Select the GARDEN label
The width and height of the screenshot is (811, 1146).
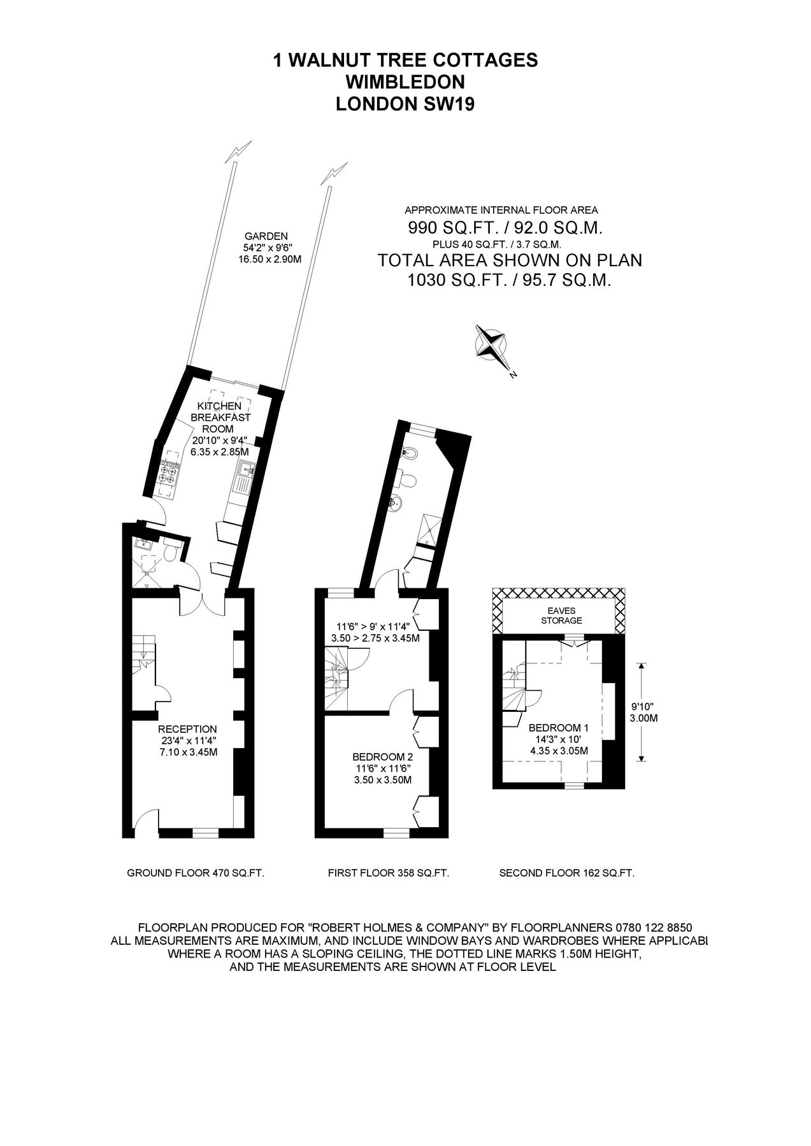[270, 236]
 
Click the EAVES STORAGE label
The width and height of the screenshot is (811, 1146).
[561, 616]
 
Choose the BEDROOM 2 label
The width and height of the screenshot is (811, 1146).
[382, 757]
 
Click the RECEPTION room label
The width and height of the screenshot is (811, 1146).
[187, 729]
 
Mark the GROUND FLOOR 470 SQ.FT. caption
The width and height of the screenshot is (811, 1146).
[196, 874]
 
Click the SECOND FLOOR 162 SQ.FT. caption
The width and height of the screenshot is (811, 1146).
[566, 874]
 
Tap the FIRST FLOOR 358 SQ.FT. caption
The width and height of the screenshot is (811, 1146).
[389, 874]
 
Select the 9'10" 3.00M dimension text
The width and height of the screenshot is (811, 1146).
[643, 712]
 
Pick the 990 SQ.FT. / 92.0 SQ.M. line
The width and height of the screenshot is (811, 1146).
[505, 228]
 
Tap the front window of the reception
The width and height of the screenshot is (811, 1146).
[205, 831]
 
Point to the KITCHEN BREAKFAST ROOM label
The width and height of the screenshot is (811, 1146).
[220, 417]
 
